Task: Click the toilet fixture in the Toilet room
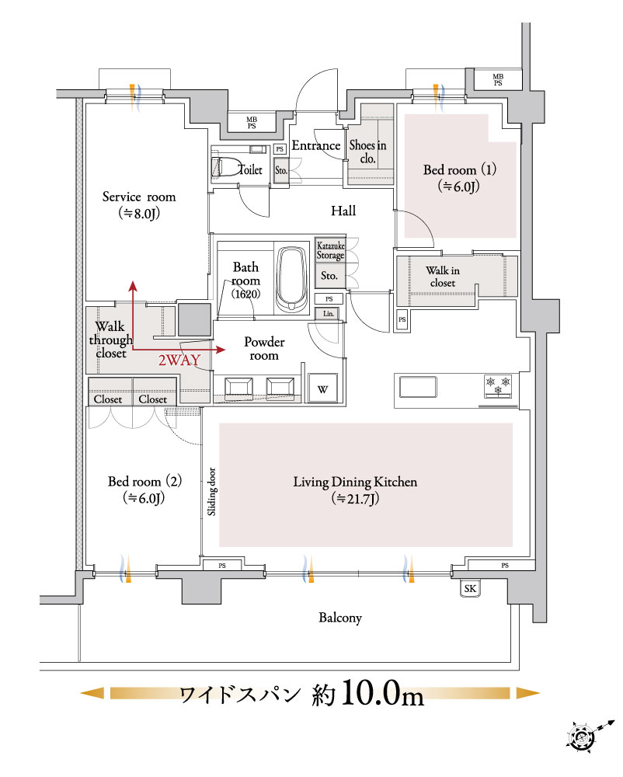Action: coord(224,166)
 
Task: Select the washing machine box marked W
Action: coord(323,388)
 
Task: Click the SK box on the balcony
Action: coord(470,588)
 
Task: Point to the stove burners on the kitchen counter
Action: coord(498,386)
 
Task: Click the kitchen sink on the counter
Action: coord(418,387)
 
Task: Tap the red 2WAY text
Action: coord(179,361)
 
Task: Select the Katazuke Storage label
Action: coord(330,251)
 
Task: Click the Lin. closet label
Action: coord(329,314)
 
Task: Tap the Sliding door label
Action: coord(211,492)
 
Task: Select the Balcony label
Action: coord(340,618)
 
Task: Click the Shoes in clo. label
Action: coord(367,152)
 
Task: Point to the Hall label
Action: coord(343,211)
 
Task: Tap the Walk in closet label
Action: coord(443,277)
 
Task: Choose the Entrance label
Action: coord(316,145)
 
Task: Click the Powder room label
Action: coord(264,348)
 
